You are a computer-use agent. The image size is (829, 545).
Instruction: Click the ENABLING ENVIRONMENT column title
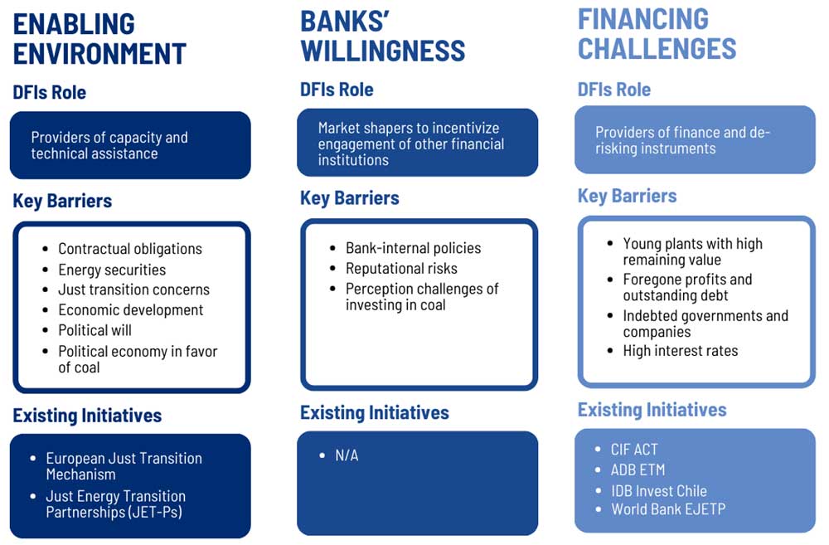point(99,39)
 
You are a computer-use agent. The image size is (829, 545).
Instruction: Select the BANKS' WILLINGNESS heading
point(383,36)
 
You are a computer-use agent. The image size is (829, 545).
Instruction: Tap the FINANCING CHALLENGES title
point(657,34)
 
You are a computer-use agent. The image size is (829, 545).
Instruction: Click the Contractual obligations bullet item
point(130,249)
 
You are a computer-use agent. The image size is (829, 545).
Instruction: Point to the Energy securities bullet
point(112,270)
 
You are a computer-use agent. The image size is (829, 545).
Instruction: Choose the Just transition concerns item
point(133,290)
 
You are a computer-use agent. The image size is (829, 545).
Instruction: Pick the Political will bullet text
point(95,330)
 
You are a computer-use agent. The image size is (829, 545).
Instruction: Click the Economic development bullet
point(131,310)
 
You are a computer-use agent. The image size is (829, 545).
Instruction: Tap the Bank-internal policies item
point(414,248)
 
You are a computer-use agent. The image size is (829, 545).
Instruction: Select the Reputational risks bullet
point(402,268)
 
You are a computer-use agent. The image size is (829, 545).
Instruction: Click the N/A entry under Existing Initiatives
point(347,455)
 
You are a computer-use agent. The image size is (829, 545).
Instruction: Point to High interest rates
point(681,350)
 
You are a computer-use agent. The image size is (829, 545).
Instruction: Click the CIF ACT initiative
point(634,450)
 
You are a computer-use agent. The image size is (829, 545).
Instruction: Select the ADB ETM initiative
point(638,470)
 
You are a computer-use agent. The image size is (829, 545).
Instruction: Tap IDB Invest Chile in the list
point(659,491)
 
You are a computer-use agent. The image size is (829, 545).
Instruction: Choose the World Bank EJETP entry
point(668,509)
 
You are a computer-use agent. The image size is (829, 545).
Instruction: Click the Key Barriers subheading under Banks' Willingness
point(350,198)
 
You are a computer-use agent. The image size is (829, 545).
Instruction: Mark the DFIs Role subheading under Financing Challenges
point(613,90)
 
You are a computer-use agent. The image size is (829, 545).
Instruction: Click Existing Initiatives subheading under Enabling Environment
point(87,416)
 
